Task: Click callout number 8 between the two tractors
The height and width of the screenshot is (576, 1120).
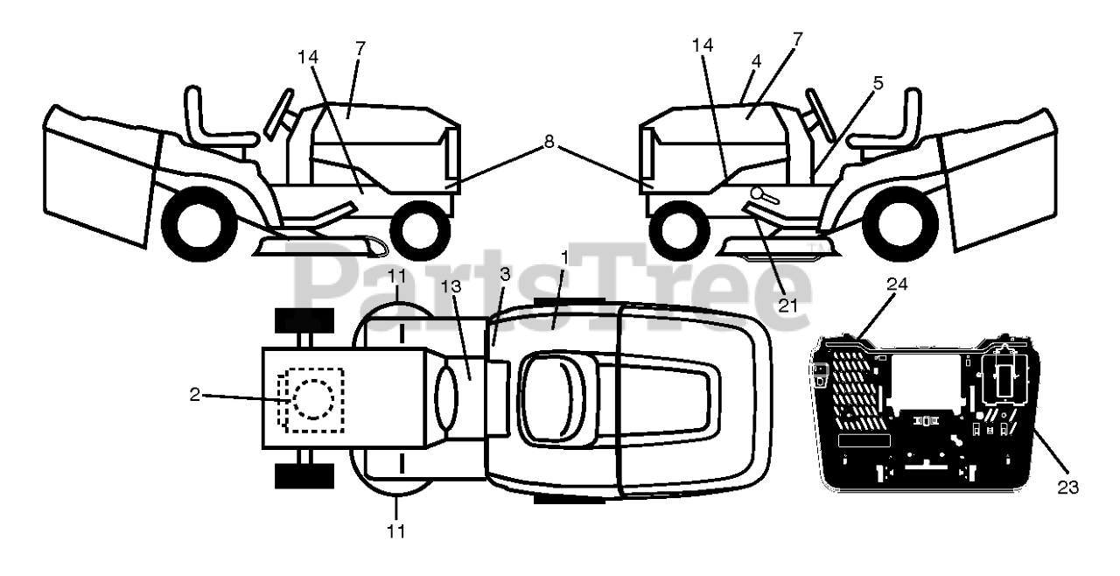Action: [x=549, y=141]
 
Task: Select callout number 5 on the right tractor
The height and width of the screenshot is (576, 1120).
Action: [x=878, y=83]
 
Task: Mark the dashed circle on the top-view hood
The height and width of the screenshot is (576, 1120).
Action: [x=312, y=399]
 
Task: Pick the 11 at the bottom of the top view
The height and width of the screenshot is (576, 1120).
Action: [x=395, y=530]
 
